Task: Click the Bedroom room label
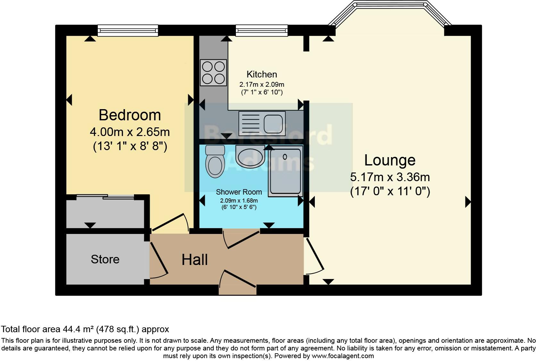point(130,115)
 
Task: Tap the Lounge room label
point(390,160)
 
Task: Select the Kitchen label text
point(262,74)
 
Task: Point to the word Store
point(105,259)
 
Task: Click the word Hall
point(195,260)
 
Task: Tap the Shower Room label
point(239,192)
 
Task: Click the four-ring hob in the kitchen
point(213,73)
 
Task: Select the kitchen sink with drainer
point(262,124)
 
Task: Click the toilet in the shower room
point(215,161)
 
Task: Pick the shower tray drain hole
point(285,157)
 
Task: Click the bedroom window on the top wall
point(128,31)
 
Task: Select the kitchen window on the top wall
point(262,31)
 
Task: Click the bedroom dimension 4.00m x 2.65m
point(130,132)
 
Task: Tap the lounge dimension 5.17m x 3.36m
point(390,177)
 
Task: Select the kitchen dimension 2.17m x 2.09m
point(262,84)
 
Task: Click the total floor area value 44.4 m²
point(78,329)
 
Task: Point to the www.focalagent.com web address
point(343,356)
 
